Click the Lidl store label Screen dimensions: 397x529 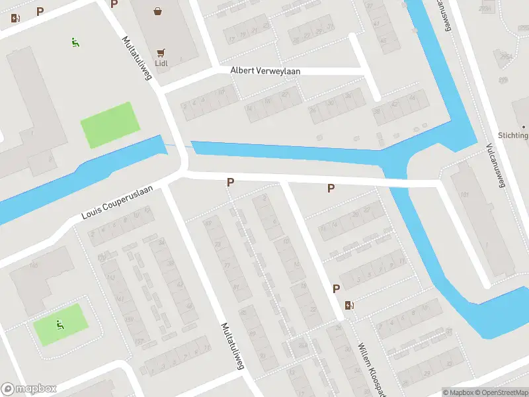[161, 64]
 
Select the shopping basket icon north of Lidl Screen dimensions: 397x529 [158, 11]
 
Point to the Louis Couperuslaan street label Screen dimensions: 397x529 [117, 202]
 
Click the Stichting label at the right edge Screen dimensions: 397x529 [514, 136]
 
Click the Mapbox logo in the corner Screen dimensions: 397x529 [29, 389]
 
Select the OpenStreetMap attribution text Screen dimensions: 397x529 [501, 392]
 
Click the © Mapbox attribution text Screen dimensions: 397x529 [458, 392]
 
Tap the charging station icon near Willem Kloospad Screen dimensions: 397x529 [348, 305]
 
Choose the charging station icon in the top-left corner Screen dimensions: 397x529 [15, 19]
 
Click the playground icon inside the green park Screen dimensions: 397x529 [60, 324]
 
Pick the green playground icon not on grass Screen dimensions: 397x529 [75, 43]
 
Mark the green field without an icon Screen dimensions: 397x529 [110, 124]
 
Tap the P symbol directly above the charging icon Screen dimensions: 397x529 [337, 288]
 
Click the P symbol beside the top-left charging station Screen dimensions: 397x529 [40, 11]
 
